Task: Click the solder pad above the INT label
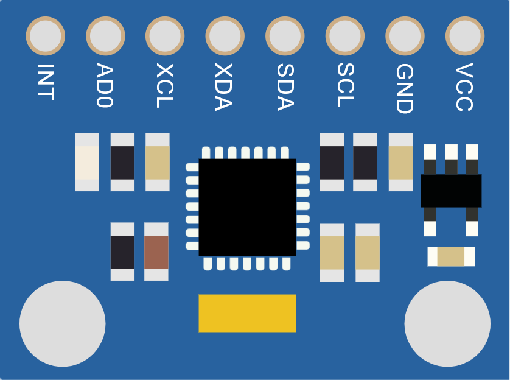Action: tap(45, 35)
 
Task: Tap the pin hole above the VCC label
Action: tap(465, 35)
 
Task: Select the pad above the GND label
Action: tap(405, 35)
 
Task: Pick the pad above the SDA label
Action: tap(285, 35)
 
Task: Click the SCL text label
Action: tap(345, 85)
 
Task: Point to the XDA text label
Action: tap(225, 87)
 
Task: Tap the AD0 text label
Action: tap(105, 85)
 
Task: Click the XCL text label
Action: tap(165, 85)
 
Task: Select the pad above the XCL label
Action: tap(165, 35)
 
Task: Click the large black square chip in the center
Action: tap(247, 208)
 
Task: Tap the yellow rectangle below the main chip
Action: tap(247, 313)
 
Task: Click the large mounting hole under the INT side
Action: tap(62, 324)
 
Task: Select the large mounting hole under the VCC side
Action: tap(447, 324)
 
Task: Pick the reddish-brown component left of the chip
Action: tap(156, 252)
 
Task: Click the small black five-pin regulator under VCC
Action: tap(451, 191)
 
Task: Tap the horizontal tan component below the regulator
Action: tap(451, 256)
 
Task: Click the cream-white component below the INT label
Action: tap(87, 162)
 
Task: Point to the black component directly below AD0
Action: tap(122, 162)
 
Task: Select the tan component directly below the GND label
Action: tap(400, 162)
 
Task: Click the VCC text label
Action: tap(464, 87)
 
